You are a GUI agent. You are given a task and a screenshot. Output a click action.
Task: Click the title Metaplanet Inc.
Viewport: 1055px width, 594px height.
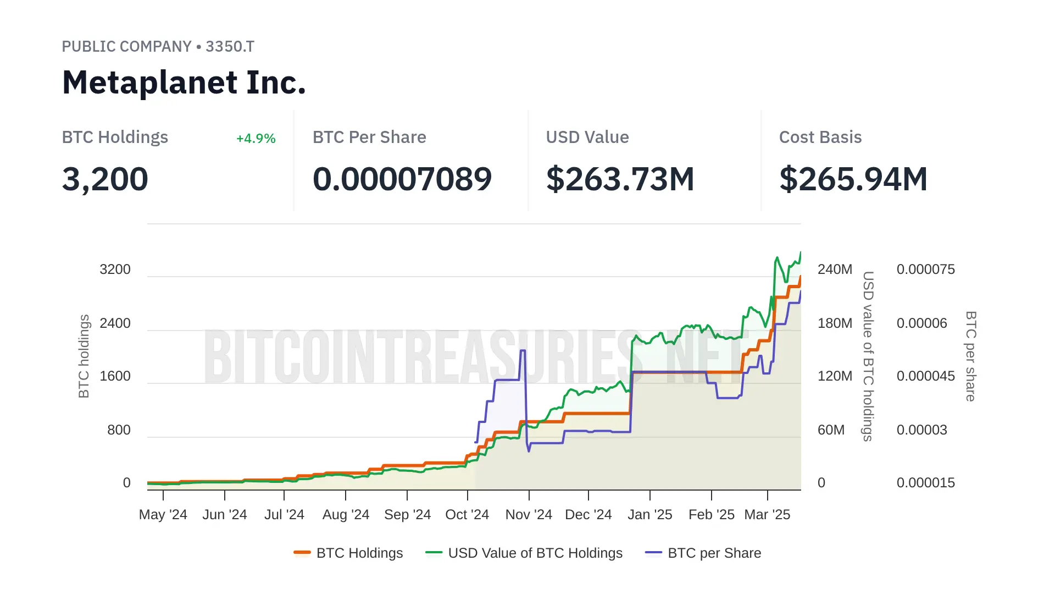(184, 82)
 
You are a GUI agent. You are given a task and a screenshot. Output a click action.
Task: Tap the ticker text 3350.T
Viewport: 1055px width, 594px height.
(230, 47)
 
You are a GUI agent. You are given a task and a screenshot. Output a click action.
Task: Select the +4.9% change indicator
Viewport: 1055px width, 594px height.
(256, 139)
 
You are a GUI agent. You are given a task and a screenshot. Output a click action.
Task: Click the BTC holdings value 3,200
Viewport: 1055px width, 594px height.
(105, 179)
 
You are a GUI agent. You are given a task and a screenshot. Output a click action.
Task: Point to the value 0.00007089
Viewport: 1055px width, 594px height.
(402, 179)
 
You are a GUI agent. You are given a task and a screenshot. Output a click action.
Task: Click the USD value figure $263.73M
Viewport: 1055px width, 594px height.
(620, 179)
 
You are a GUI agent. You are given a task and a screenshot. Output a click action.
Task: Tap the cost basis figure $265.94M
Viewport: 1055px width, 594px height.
(853, 179)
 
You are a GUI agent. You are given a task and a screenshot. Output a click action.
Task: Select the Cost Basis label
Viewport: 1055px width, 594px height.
(820, 137)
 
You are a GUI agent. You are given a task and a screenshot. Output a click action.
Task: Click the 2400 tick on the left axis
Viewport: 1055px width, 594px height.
(115, 323)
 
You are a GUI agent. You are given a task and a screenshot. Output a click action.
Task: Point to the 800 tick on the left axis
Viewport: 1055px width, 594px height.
(119, 430)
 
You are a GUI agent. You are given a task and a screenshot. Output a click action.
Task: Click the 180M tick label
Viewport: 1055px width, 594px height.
(835, 323)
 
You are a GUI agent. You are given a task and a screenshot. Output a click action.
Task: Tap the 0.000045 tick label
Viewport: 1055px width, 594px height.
(925, 376)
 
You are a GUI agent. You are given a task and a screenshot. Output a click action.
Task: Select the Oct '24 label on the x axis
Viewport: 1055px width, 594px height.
(467, 515)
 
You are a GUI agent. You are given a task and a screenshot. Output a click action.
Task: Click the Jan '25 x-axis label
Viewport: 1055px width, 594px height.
(649, 515)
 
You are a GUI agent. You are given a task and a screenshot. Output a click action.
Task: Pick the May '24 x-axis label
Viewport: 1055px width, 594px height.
(163, 515)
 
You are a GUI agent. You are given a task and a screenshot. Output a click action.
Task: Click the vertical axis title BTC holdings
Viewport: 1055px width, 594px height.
(84, 356)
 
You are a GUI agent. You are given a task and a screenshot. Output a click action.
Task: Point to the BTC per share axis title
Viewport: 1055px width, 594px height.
(971, 356)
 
